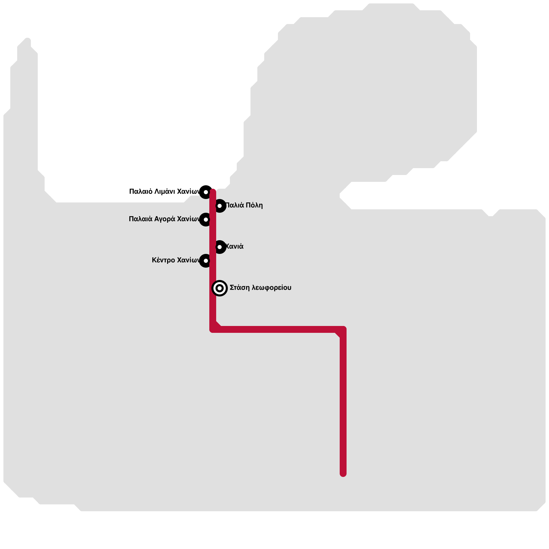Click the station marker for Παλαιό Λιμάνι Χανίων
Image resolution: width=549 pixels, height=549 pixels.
[206, 192]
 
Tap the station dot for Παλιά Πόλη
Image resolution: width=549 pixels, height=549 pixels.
[220, 206]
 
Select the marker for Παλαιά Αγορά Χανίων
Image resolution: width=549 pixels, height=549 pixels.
[206, 219]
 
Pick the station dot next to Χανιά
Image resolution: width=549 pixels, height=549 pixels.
[220, 247]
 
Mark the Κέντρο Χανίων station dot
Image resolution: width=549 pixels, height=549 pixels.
[206, 261]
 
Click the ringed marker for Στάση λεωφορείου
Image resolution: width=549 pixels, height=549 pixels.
[220, 288]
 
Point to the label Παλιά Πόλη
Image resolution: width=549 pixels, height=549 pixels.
[244, 205]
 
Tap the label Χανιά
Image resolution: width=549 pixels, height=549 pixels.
[234, 246]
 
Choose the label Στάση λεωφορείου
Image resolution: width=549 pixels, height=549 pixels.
[260, 288]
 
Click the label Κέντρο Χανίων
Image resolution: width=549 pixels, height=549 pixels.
[175, 260]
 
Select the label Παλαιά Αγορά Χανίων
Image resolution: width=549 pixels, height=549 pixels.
[164, 219]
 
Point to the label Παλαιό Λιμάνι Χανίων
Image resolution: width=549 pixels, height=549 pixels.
[164, 191]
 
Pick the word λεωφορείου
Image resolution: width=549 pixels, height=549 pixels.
[271, 288]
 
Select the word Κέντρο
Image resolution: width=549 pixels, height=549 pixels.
[163, 260]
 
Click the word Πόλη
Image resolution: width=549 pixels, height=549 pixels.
[254, 205]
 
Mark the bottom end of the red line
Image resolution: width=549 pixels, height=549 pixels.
[343, 474]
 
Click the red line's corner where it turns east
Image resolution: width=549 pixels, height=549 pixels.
[213, 329]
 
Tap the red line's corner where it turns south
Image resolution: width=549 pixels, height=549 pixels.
[343, 329]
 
